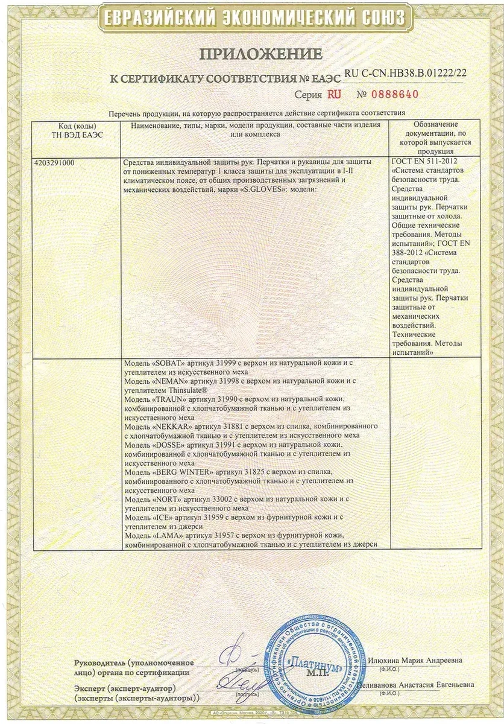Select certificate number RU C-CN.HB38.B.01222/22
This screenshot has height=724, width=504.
click(406, 73)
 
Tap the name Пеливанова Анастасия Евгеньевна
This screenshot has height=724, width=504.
click(415, 685)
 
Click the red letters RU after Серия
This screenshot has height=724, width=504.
click(335, 94)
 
